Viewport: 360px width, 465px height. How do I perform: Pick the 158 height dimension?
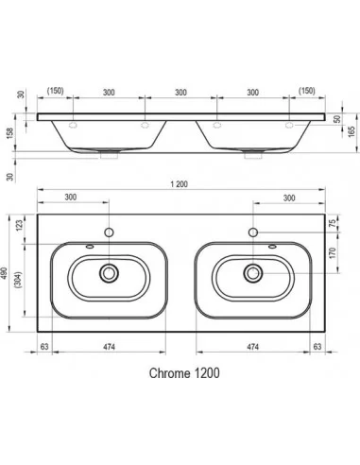(10, 134)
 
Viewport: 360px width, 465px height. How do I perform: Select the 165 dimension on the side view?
(350, 130)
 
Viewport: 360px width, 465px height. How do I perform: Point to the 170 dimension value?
(334, 253)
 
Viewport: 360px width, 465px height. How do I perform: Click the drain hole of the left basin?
(110, 273)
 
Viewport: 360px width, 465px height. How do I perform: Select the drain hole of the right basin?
(252, 273)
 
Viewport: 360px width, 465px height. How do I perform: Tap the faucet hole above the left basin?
(110, 232)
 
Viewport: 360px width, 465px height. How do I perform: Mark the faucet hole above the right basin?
(252, 232)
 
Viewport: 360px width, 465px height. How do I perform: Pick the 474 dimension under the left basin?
(110, 347)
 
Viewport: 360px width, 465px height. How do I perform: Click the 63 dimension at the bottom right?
(317, 347)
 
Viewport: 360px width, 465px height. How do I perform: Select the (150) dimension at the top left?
(56, 91)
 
